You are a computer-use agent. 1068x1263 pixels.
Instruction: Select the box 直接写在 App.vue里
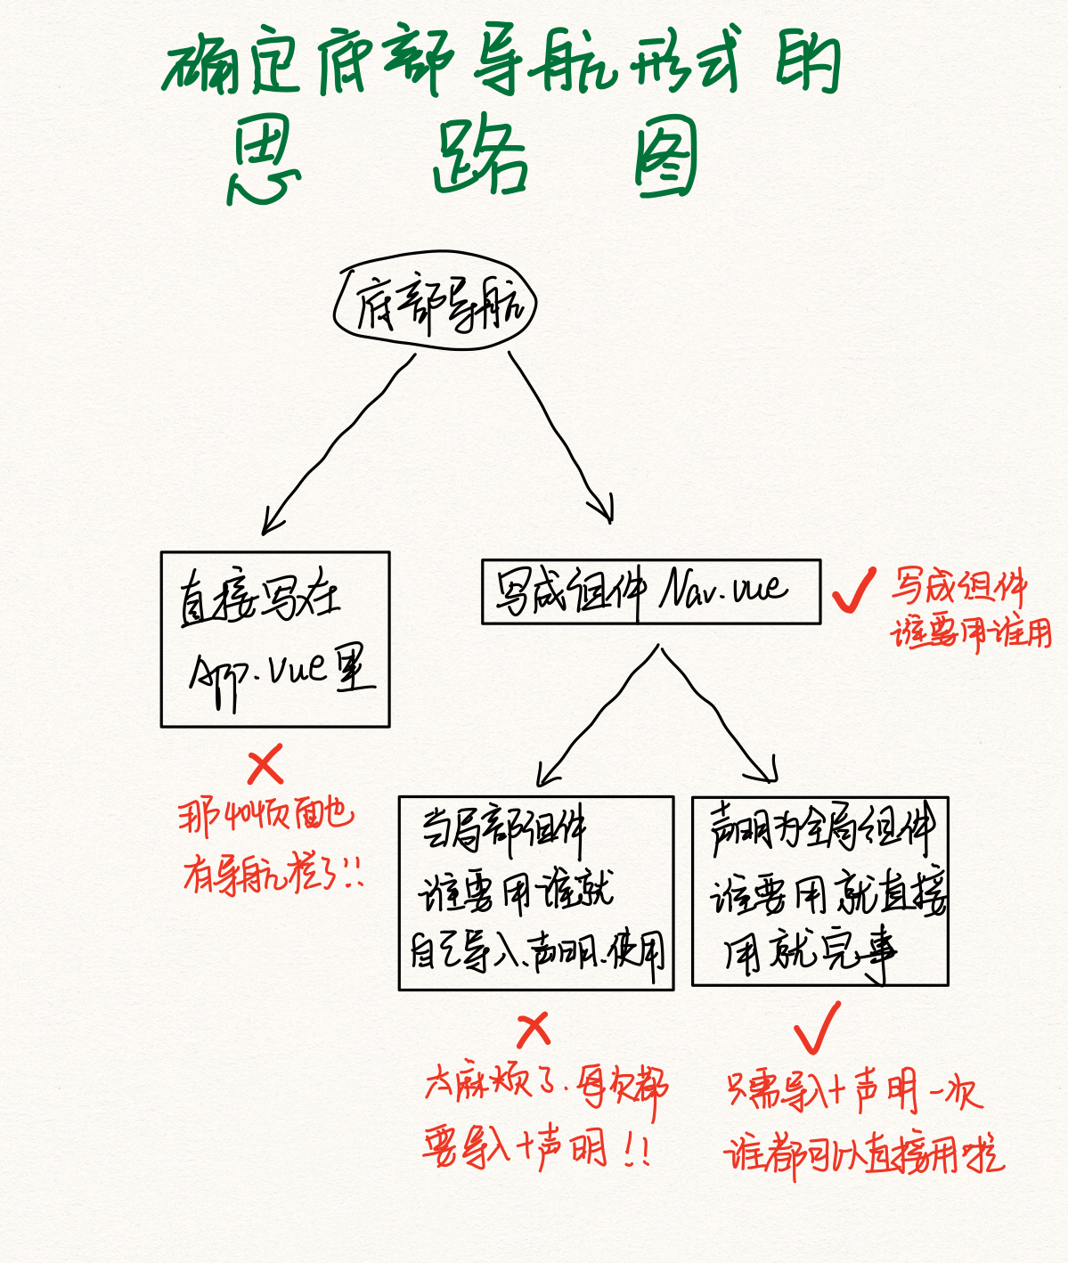[275, 640]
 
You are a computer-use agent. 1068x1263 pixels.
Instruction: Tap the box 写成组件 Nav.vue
[650, 591]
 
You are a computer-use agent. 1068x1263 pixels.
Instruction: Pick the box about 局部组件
[536, 892]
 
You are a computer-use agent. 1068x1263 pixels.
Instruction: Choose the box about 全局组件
[819, 891]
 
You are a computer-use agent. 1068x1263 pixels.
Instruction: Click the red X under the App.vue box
[265, 764]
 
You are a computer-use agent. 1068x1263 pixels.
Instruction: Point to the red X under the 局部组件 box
[534, 1031]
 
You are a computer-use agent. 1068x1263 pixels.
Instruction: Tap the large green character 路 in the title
[481, 159]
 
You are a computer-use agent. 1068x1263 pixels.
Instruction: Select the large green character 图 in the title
[665, 159]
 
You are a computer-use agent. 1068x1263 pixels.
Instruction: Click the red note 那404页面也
[265, 815]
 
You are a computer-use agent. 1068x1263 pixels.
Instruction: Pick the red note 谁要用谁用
[971, 633]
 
